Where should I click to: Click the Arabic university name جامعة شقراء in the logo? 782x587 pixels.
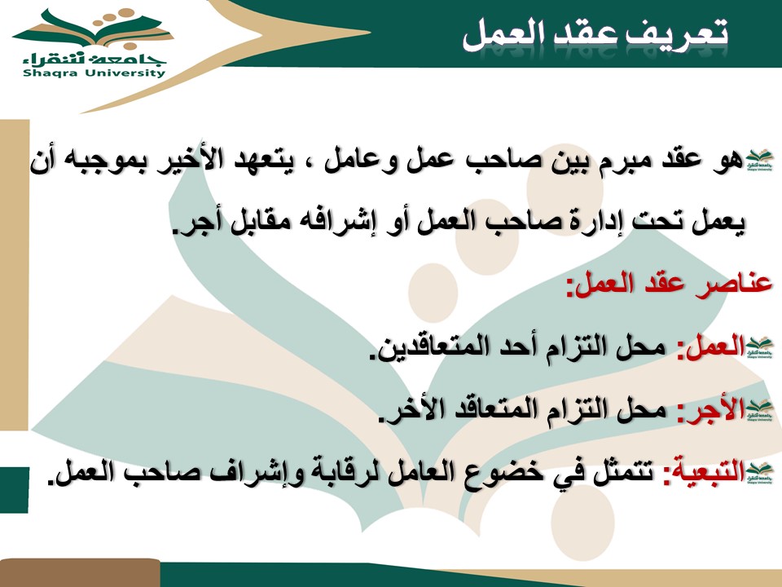[94, 59]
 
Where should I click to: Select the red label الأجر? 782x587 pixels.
[711, 410]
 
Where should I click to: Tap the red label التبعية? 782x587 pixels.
[704, 471]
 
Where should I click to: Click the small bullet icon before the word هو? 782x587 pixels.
[759, 161]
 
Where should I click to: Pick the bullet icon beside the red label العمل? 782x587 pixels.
[759, 347]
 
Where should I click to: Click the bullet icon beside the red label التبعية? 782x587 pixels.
[759, 472]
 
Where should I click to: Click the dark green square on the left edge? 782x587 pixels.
[14, 490]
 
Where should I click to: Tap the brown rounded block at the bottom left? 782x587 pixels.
[80, 573]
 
